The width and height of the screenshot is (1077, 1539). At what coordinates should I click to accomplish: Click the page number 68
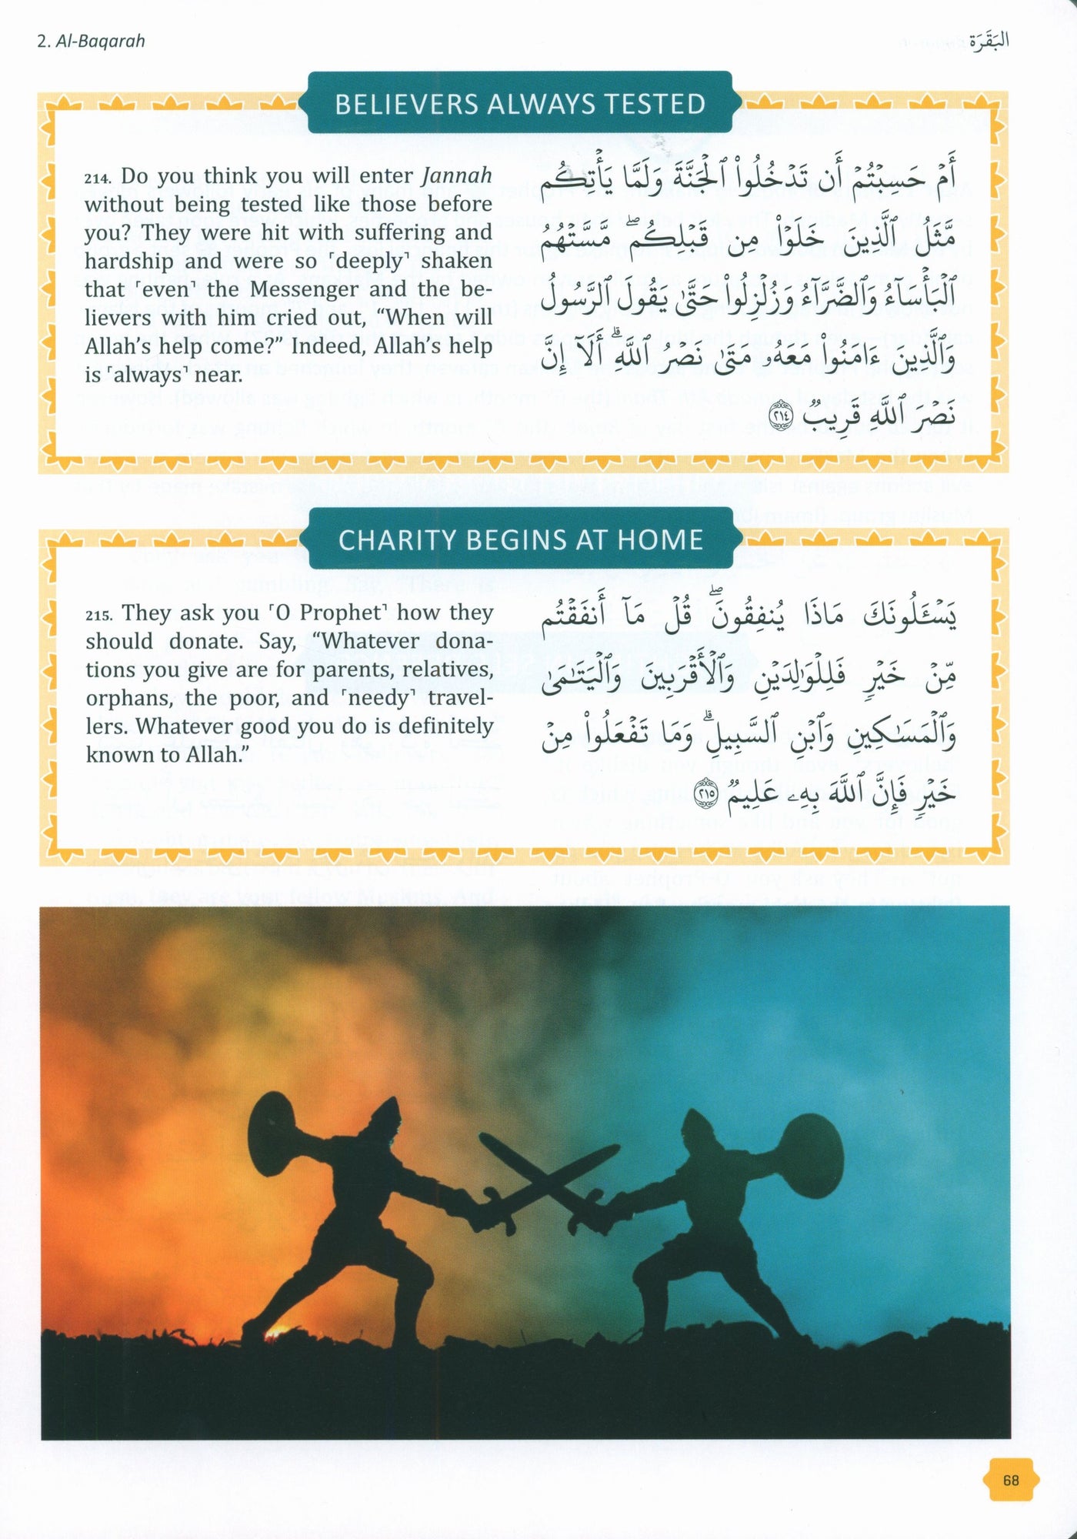click(1011, 1480)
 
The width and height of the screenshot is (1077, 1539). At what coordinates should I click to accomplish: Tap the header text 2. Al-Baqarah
click(91, 41)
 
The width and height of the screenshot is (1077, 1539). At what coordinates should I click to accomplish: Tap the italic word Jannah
click(457, 175)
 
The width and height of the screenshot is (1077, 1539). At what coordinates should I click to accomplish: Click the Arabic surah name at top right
click(987, 40)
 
